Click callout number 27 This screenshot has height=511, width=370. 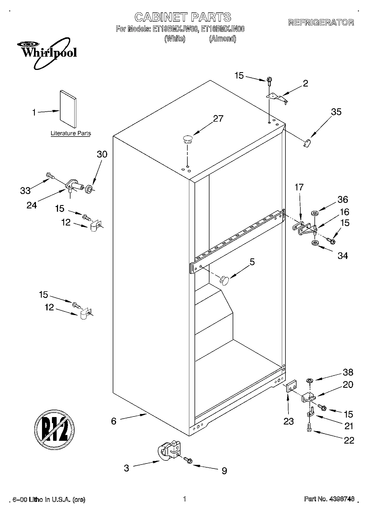point(218,119)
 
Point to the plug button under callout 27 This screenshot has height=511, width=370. point(188,139)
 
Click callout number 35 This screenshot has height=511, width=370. point(336,112)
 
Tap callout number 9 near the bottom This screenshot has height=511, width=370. point(224,470)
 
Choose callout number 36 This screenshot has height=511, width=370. point(343,200)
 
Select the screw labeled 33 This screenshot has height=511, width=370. point(50,175)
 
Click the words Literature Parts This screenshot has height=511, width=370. point(71,133)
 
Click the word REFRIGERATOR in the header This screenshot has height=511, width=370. point(321,23)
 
